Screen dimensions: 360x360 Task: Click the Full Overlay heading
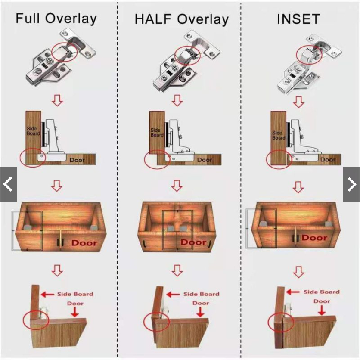(56, 19)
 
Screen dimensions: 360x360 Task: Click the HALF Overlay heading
(181, 19)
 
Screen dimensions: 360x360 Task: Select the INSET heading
(298, 19)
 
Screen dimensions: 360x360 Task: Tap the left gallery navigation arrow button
(9, 184)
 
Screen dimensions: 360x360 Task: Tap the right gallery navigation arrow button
(351, 184)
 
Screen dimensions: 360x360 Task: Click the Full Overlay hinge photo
(61, 57)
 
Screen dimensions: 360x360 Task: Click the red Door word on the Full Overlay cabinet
(84, 243)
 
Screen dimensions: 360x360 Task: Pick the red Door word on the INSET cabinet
(314, 238)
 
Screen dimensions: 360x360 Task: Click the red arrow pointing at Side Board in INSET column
(293, 292)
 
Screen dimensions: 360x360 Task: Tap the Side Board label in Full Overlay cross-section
(33, 131)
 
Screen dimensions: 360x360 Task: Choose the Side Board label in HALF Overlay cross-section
(157, 133)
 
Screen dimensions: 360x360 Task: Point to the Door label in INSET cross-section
(328, 160)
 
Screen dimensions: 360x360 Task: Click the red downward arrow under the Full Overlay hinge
(57, 100)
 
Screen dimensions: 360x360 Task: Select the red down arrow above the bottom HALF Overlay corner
(177, 270)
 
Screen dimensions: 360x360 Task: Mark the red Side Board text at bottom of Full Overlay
(75, 294)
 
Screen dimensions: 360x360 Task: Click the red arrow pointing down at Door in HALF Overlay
(200, 312)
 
